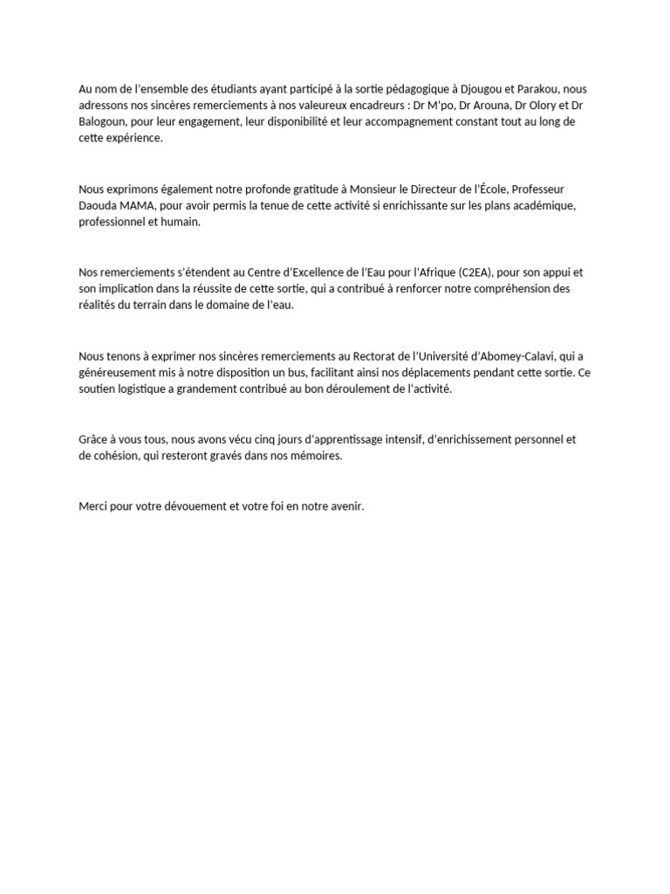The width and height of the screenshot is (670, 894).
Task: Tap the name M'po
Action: pyautogui.click(x=412, y=105)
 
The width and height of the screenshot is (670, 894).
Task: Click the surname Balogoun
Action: pyautogui.click(x=104, y=121)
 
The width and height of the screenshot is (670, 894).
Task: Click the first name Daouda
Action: pyautogui.click(x=98, y=205)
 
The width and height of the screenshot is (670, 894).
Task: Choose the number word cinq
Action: pyautogui.click(x=262, y=439)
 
